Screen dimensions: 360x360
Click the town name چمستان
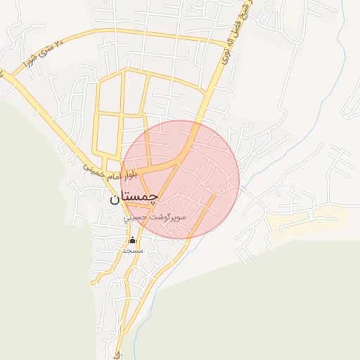(134, 198)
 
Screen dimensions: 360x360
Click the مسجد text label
(133, 250)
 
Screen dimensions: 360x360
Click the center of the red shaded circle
(181, 179)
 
